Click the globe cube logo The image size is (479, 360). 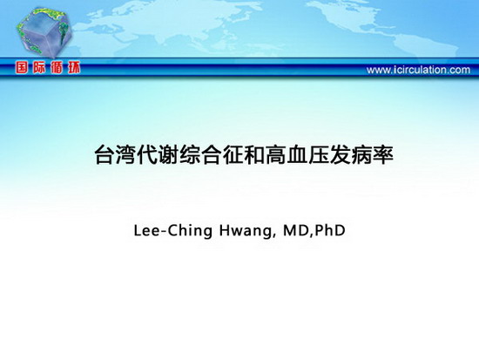pyautogui.click(x=44, y=32)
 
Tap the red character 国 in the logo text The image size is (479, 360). pyautogui.click(x=22, y=68)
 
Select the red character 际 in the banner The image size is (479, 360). pyautogui.click(x=39, y=68)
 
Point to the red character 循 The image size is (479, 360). pyautogui.click(x=57, y=68)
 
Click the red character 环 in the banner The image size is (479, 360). pyautogui.click(x=74, y=68)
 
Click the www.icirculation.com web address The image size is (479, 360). pyautogui.click(x=418, y=70)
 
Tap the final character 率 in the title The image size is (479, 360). pyautogui.click(x=383, y=155)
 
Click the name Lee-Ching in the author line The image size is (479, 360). pyautogui.click(x=173, y=231)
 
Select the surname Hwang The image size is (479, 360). pyautogui.click(x=246, y=232)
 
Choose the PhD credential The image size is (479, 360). pyautogui.click(x=330, y=231)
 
